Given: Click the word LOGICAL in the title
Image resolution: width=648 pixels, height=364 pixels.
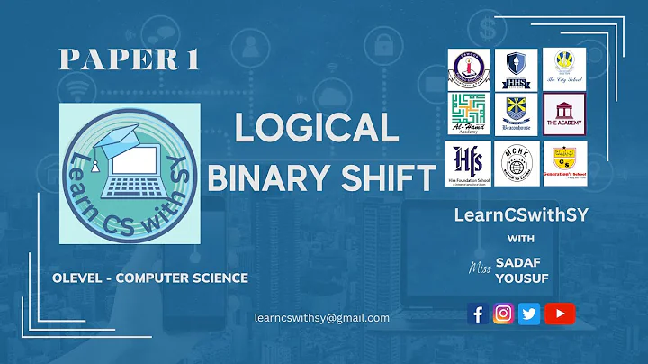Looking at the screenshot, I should coord(317,129).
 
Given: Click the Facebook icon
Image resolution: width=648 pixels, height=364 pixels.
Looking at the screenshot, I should coord(478,314).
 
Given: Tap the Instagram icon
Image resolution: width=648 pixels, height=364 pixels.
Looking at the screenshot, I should coord(504,314).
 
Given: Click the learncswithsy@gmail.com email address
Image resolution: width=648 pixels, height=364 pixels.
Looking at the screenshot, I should coord(321,317).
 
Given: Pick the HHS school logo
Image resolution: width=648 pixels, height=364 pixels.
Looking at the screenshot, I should coord(517,65).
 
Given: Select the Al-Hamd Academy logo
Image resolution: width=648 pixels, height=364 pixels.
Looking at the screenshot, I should coord(469,114).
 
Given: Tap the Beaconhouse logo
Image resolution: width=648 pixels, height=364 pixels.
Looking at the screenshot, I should coord(517,114).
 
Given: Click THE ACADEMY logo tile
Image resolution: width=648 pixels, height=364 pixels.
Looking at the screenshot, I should coord(563,114).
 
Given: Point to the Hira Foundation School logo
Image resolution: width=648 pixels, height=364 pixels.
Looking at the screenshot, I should coord(469,163).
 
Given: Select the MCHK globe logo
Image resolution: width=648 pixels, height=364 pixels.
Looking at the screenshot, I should coord(517,162).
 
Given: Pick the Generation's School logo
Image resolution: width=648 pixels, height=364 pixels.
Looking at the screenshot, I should coord(563,162).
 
